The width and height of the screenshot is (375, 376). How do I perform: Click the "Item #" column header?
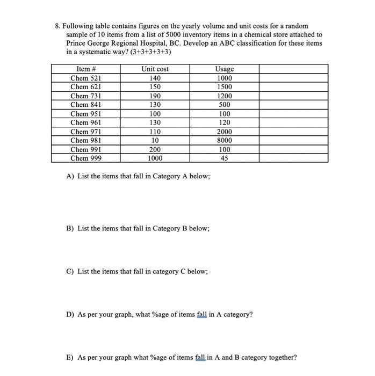tap(86, 69)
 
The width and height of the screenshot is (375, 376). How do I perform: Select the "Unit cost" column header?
tap(155, 69)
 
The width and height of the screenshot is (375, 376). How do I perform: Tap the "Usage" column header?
tap(224, 69)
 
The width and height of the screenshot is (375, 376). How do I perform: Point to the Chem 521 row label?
tap(86, 78)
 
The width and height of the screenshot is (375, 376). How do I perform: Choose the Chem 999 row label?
tap(86, 158)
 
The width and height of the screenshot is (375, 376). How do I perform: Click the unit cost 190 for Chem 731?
tap(155, 96)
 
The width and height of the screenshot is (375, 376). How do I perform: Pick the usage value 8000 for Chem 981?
tap(224, 140)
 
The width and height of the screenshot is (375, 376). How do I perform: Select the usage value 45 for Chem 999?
tap(224, 158)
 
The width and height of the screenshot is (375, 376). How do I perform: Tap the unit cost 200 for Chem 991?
tap(155, 149)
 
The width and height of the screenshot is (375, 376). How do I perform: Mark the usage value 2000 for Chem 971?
tap(224, 132)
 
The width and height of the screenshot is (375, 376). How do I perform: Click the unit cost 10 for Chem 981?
tap(155, 140)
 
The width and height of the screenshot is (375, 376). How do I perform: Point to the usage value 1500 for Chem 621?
tap(224, 87)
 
